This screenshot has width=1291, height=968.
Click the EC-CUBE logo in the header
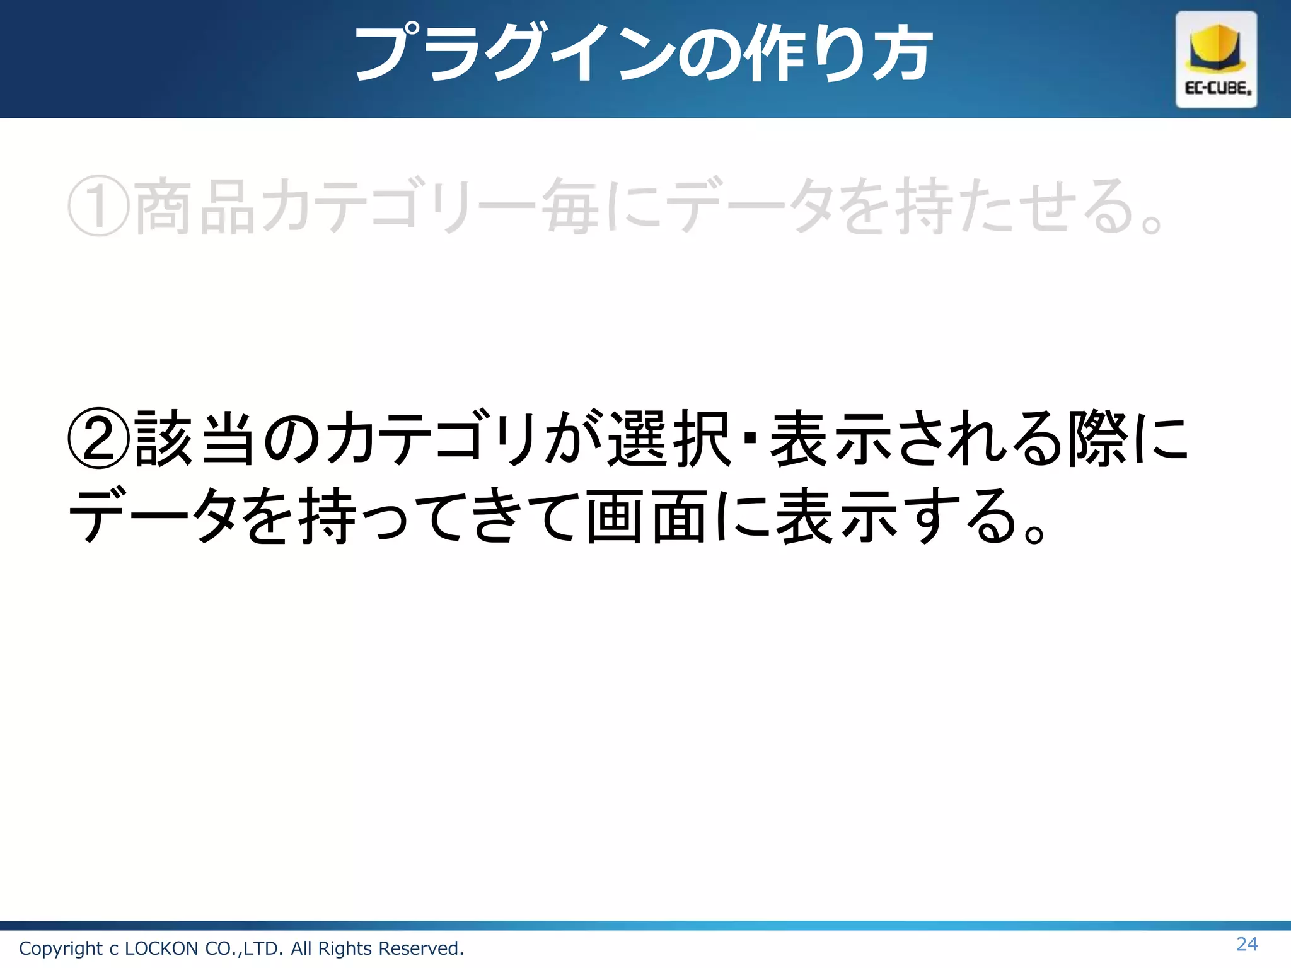tap(1216, 59)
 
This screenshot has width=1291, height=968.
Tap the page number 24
tap(1247, 944)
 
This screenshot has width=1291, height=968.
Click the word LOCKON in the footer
tap(161, 948)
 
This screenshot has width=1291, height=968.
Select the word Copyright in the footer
tap(61, 948)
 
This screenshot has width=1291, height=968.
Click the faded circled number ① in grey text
tap(99, 206)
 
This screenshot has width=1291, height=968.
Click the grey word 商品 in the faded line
tap(195, 206)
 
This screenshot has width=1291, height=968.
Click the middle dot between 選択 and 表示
tap(750, 437)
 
